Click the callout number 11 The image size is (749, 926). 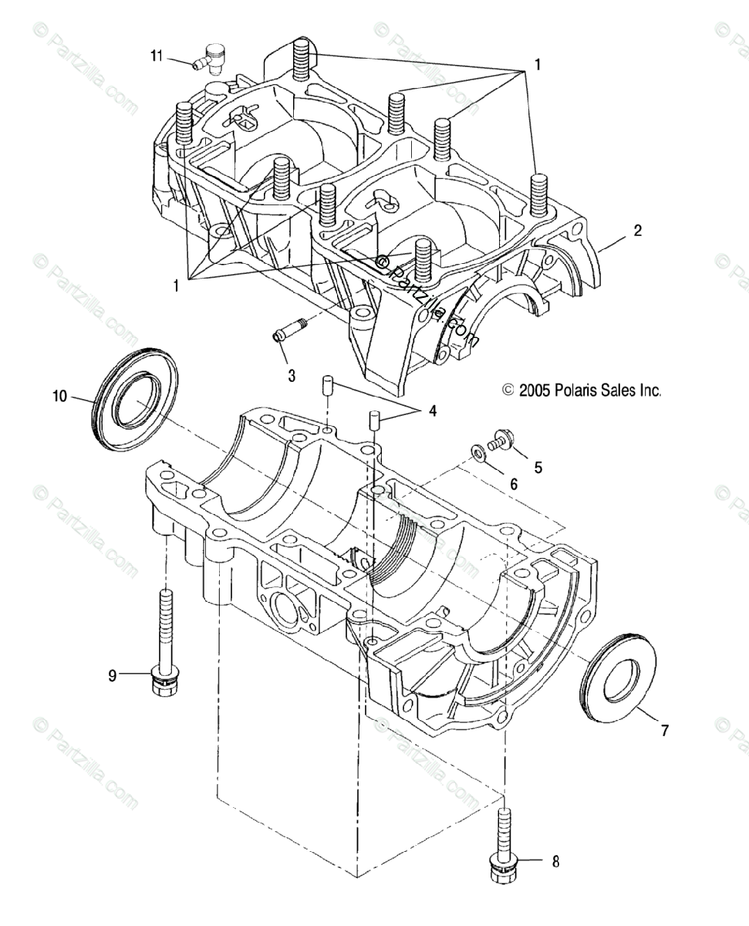click(x=157, y=55)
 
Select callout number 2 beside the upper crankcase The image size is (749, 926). click(x=636, y=230)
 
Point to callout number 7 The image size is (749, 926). click(x=664, y=728)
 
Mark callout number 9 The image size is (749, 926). click(x=112, y=675)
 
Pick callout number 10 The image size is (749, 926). click(x=60, y=397)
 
